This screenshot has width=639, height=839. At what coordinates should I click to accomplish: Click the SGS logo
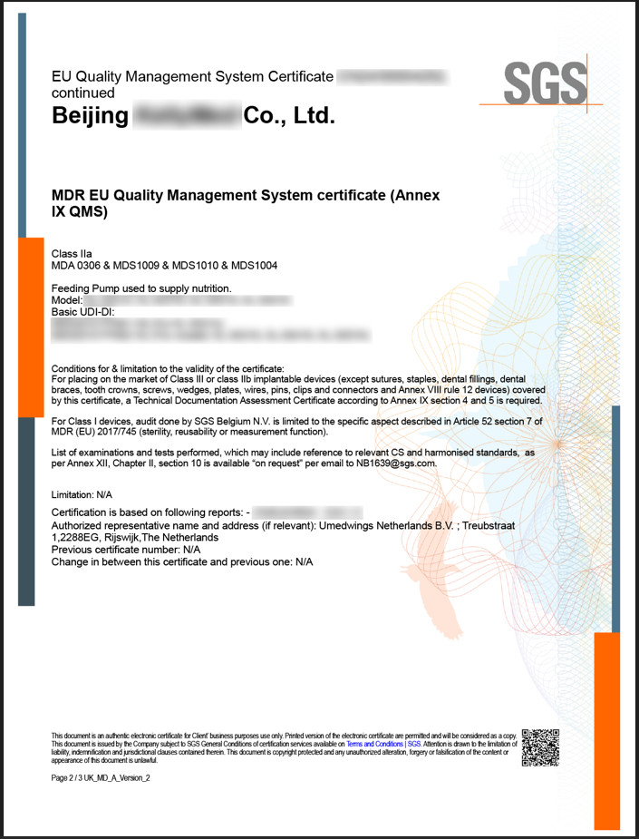click(x=545, y=83)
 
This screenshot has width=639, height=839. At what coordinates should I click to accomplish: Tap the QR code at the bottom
click(x=541, y=747)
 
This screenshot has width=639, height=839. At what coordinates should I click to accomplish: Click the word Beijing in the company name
click(x=91, y=116)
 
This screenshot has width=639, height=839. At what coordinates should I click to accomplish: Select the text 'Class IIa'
click(x=72, y=253)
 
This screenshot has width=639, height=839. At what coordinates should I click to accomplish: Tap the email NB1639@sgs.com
click(x=395, y=463)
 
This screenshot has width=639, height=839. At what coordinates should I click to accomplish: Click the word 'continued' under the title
click(x=83, y=93)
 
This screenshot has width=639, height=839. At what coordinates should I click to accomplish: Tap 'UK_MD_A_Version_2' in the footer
click(x=121, y=777)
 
